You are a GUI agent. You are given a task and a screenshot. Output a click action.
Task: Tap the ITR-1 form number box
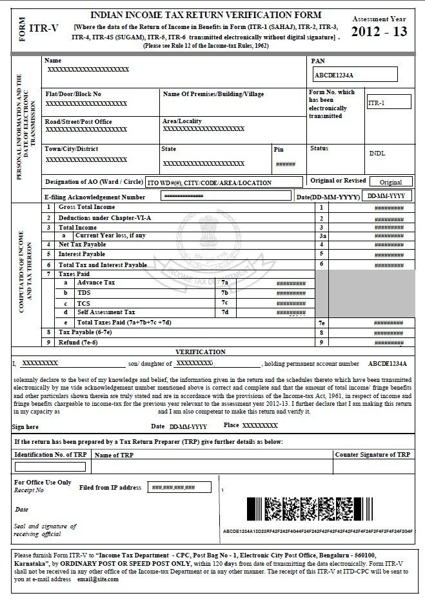coord(388,103)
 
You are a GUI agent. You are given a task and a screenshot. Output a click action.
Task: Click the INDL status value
coord(378,154)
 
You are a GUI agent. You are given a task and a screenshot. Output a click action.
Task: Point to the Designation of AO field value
coord(222,183)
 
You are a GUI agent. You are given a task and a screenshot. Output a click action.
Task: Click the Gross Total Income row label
coord(86,207)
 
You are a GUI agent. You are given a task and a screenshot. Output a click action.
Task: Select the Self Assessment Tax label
coord(106,312)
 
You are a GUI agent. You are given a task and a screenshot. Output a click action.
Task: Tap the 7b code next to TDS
coord(224,293)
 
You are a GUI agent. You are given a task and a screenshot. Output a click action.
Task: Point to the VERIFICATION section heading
coord(201,352)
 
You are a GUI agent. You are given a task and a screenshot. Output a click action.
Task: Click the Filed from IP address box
coord(179,487)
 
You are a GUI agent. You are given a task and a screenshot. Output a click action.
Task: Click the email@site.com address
coord(96,579)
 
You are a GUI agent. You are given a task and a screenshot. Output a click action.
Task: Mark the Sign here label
coord(25,427)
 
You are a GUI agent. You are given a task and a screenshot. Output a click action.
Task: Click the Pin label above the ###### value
coord(279,149)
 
